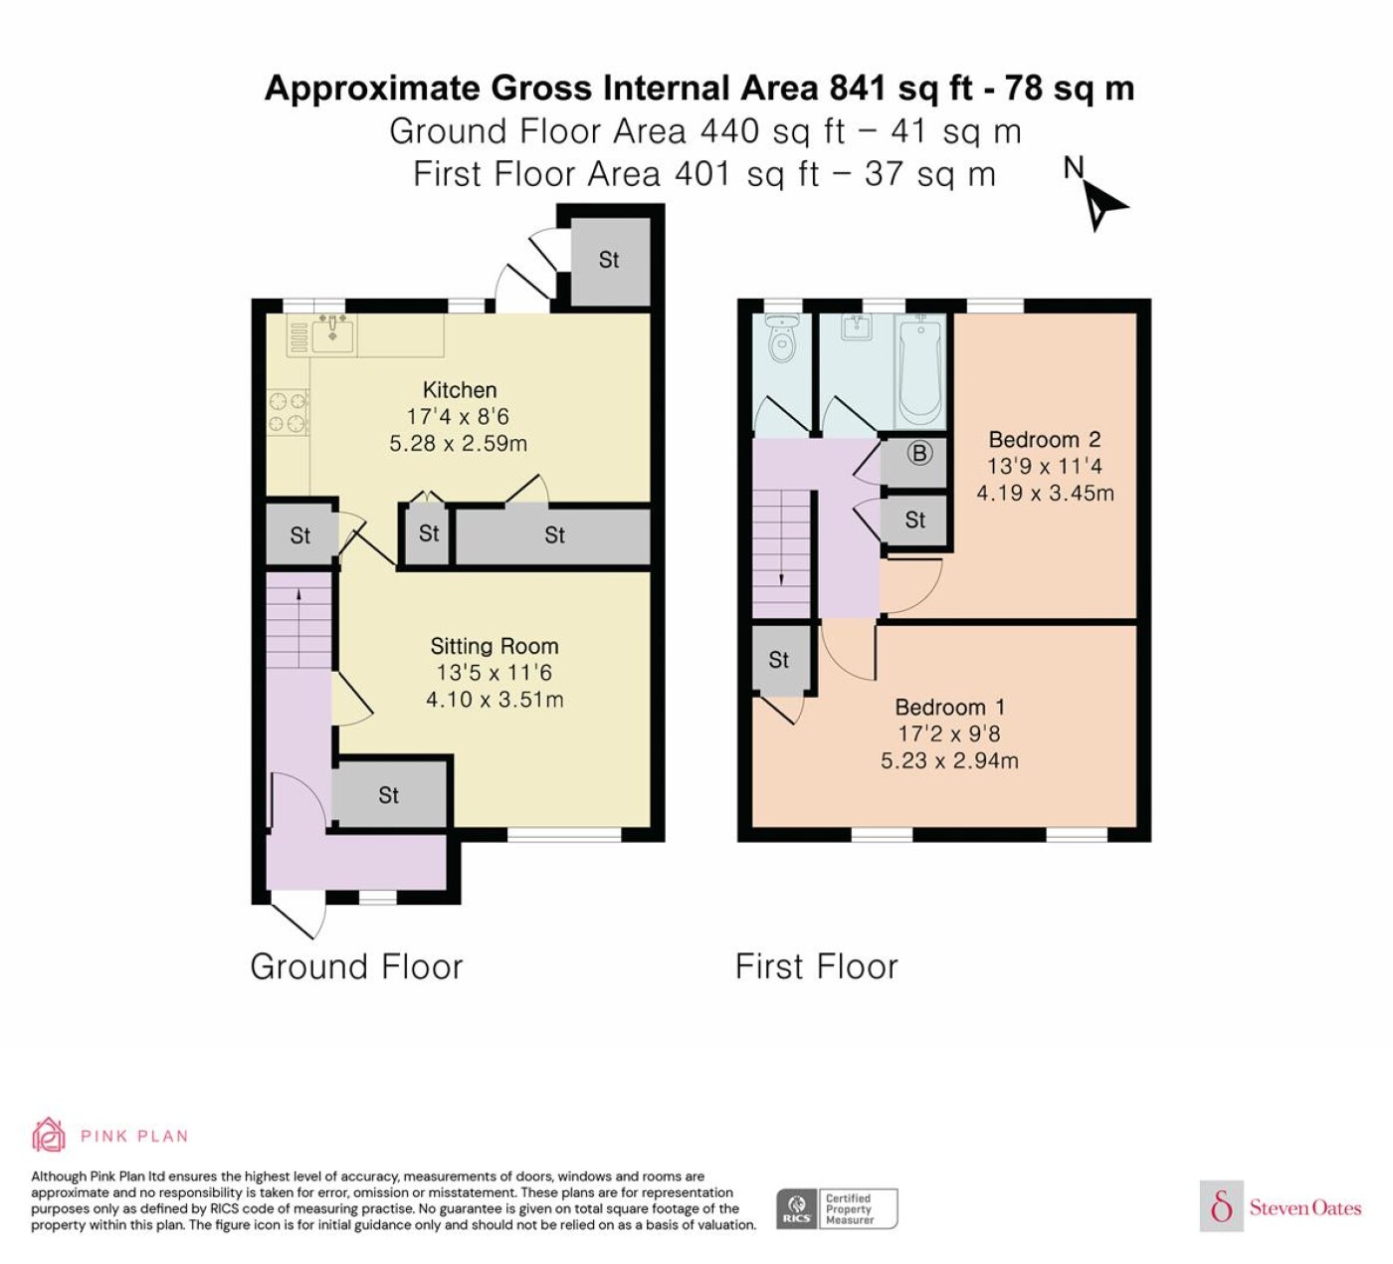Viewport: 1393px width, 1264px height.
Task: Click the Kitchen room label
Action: point(459,390)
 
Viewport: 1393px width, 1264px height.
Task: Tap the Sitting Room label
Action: point(495,646)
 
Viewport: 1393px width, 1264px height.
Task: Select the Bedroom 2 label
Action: point(1045,439)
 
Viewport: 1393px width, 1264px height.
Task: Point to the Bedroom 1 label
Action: point(949,707)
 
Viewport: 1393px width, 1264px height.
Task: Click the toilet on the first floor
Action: point(783,338)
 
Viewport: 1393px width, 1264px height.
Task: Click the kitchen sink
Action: point(332,333)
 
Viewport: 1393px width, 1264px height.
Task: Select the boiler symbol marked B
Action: point(919,454)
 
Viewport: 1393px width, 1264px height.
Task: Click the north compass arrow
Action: point(1104,206)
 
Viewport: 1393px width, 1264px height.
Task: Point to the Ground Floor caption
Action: point(356,966)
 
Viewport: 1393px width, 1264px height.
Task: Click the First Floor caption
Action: point(817,966)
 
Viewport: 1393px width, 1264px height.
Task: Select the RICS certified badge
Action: point(836,1208)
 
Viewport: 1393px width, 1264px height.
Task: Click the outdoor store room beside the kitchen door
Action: point(610,261)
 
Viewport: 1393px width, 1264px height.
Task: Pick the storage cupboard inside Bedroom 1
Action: point(780,659)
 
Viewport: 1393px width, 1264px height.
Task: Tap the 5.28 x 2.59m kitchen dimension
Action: point(459,443)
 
